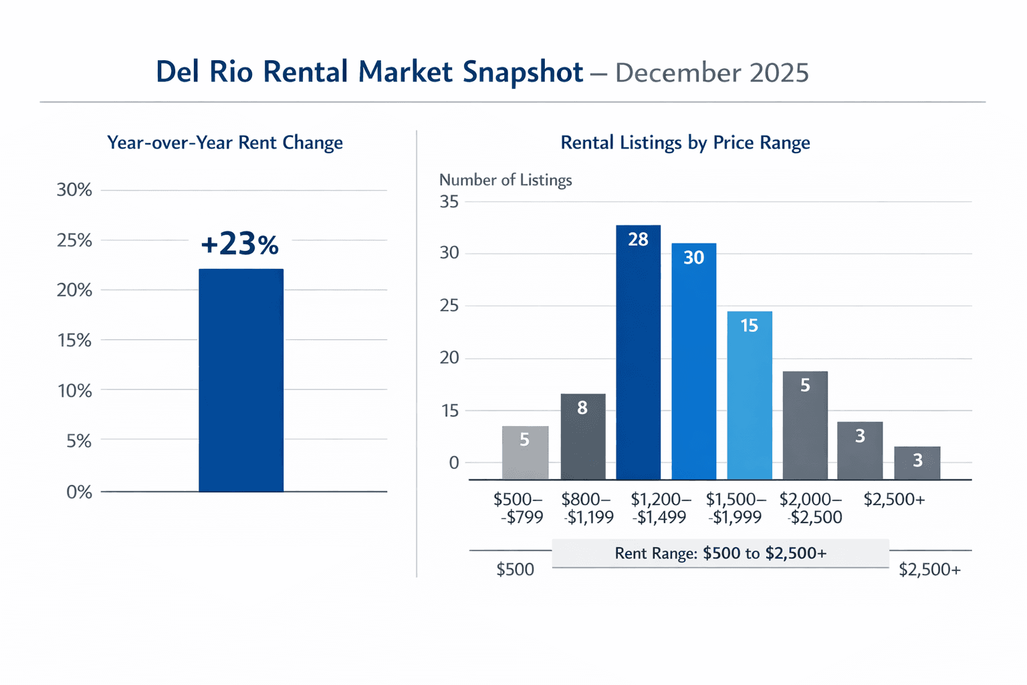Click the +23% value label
point(239,244)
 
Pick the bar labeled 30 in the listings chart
point(693,361)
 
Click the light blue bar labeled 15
point(749,395)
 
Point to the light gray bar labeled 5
point(525,453)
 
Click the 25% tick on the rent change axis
point(74,240)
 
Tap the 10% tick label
point(74,391)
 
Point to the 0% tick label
point(79,492)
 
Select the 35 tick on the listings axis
point(449,201)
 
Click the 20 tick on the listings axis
point(449,358)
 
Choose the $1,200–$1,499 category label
point(661,508)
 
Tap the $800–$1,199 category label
point(587,508)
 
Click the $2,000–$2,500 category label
point(811,508)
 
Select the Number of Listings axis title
point(505,180)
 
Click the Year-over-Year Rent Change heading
point(225,143)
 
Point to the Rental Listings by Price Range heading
point(685,143)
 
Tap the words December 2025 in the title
point(711,73)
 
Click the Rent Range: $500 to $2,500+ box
point(720,553)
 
